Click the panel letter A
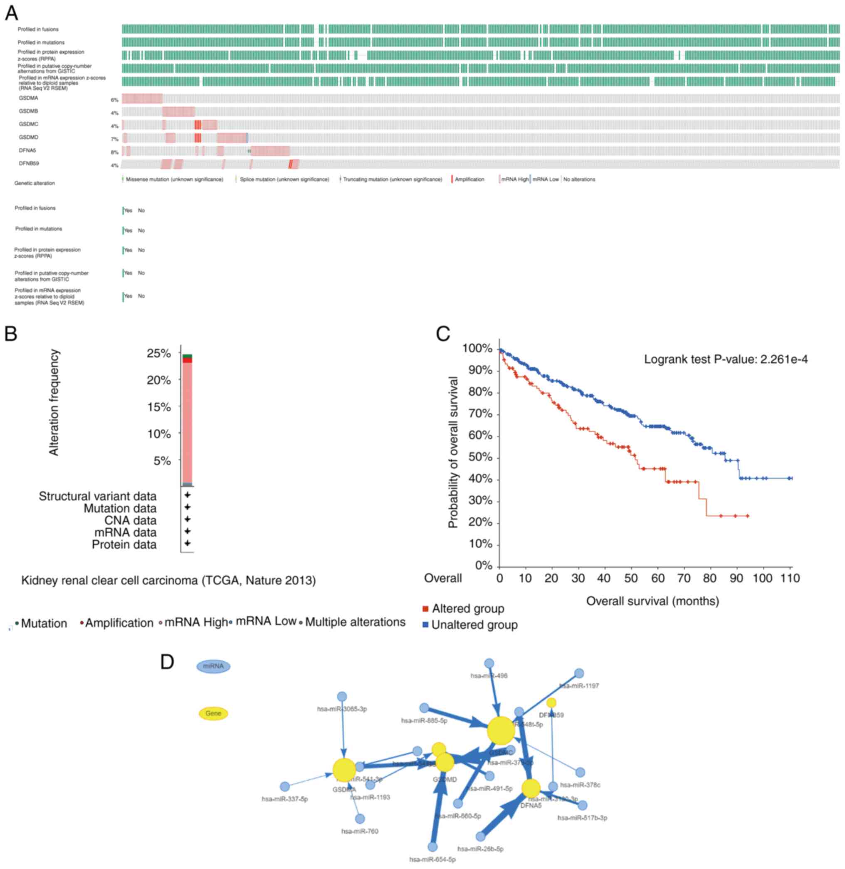pyautogui.click(x=11, y=13)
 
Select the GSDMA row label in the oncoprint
pyautogui.click(x=28, y=98)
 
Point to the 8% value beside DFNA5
pyautogui.click(x=114, y=153)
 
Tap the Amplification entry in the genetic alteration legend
pyautogui.click(x=469, y=179)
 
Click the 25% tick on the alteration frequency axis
pyautogui.click(x=159, y=354)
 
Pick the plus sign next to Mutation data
pyautogui.click(x=187, y=507)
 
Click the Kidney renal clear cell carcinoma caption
pyautogui.click(x=169, y=580)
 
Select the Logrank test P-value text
pyautogui.click(x=726, y=359)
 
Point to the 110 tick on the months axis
pyautogui.click(x=791, y=578)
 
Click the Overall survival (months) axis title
pyautogui.click(x=652, y=601)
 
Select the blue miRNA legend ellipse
pyautogui.click(x=213, y=666)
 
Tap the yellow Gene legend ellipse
pyautogui.click(x=213, y=714)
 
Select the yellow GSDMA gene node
pyautogui.click(x=344, y=770)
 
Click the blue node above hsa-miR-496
pyautogui.click(x=489, y=663)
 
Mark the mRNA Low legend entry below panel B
pyautogui.click(x=265, y=621)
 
